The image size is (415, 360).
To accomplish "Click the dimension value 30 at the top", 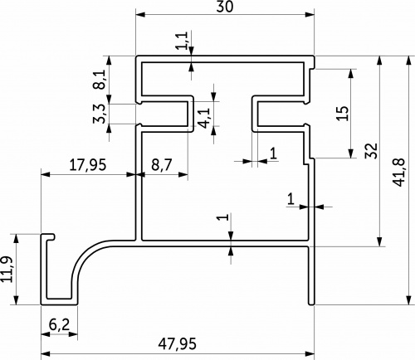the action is pyautogui.click(x=224, y=7).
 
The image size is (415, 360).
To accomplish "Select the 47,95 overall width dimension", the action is pyautogui.click(x=178, y=343).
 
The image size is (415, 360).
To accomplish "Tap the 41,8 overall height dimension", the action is pyautogui.click(x=398, y=173).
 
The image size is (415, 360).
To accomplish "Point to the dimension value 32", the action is pyautogui.click(x=372, y=150).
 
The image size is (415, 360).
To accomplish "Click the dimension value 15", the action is pyautogui.click(x=342, y=113).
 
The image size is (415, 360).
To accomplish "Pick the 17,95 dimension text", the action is pyautogui.click(x=87, y=165).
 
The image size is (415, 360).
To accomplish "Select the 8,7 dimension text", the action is pyautogui.click(x=162, y=165).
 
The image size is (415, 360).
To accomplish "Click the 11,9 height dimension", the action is pyautogui.click(x=7, y=270).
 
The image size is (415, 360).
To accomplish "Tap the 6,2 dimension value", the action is pyautogui.click(x=59, y=324).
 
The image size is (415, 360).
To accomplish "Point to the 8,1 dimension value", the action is pyautogui.click(x=100, y=79).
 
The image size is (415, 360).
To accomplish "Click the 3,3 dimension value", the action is pyautogui.click(x=100, y=114).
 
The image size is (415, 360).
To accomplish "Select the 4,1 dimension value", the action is pyautogui.click(x=205, y=118).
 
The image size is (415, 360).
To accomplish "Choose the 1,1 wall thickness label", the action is pyautogui.click(x=183, y=41).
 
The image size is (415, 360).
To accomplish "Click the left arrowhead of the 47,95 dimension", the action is pyautogui.click(x=46, y=353).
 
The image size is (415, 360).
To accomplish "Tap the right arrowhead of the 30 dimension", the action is pyautogui.click(x=310, y=14).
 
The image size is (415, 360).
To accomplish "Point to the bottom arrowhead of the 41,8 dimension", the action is pyautogui.click(x=409, y=300).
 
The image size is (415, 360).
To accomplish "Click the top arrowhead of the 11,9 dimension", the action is pyautogui.click(x=16, y=239).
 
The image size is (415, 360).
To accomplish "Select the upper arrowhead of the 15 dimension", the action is pyautogui.click(x=351, y=74).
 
